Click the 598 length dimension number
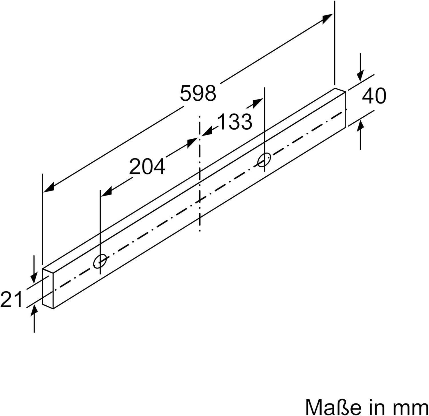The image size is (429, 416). tap(198, 93)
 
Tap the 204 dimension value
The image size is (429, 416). tap(147, 166)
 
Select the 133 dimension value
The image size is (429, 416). tap(235, 121)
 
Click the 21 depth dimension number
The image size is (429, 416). tap(11, 299)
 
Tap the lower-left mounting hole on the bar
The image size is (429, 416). tap(100, 261)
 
